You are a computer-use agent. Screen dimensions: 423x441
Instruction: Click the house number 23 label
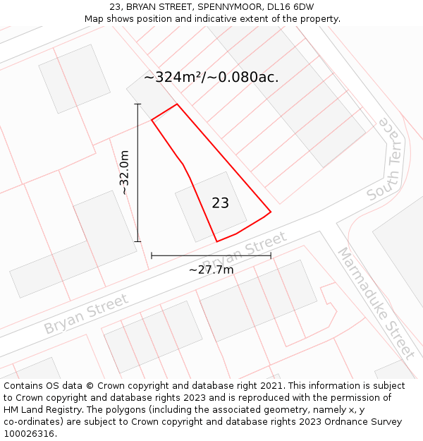[220, 203]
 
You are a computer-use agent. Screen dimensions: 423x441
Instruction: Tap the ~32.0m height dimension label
[124, 172]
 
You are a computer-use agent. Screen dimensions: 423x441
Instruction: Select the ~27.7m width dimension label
[211, 269]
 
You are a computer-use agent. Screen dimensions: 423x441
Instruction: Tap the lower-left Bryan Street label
[86, 314]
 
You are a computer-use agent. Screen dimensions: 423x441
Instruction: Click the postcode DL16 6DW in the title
[290, 7]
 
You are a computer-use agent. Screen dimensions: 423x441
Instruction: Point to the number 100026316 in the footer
[29, 434]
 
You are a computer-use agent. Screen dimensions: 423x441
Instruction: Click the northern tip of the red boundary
[176, 104]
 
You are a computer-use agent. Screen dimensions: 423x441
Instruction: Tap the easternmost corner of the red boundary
[271, 211]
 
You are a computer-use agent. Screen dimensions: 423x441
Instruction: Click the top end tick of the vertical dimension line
[137, 104]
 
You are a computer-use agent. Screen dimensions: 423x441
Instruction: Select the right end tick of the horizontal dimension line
[271, 255]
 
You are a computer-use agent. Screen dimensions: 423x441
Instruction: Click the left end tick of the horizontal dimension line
[152, 255]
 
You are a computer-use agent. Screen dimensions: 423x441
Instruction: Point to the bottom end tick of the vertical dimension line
[137, 241]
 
